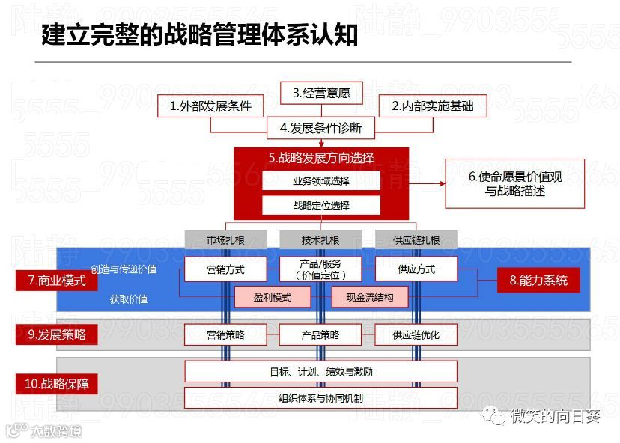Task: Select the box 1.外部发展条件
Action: (210, 106)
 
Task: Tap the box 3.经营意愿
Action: (321, 93)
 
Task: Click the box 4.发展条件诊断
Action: (321, 128)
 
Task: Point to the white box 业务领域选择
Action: (321, 181)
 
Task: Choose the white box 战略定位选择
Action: (321, 205)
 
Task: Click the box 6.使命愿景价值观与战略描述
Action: (515, 183)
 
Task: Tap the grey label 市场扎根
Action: (225, 240)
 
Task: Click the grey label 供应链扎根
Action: (416, 240)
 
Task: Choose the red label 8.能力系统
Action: (539, 281)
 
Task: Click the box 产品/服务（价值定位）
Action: (320, 269)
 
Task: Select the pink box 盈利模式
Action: (273, 297)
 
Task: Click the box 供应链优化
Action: (416, 334)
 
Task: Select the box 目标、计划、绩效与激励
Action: (320, 371)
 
